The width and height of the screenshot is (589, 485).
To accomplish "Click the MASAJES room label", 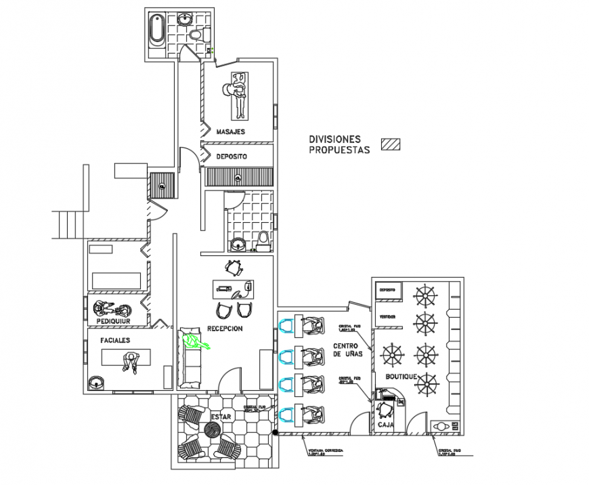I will point(230,131).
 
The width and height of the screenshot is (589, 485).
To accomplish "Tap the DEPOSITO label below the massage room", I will point(231,156).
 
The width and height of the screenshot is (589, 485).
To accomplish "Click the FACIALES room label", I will point(115,340).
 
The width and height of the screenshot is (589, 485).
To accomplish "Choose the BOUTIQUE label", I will point(401,376).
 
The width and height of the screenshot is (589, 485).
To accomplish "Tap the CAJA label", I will point(386,424).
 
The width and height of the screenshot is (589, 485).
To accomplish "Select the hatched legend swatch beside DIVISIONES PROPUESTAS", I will point(390,144).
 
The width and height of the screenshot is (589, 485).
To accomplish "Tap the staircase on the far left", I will point(68,224).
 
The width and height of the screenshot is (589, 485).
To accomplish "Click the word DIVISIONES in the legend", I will point(334,139).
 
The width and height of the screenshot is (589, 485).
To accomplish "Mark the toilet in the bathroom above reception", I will point(263,238).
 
